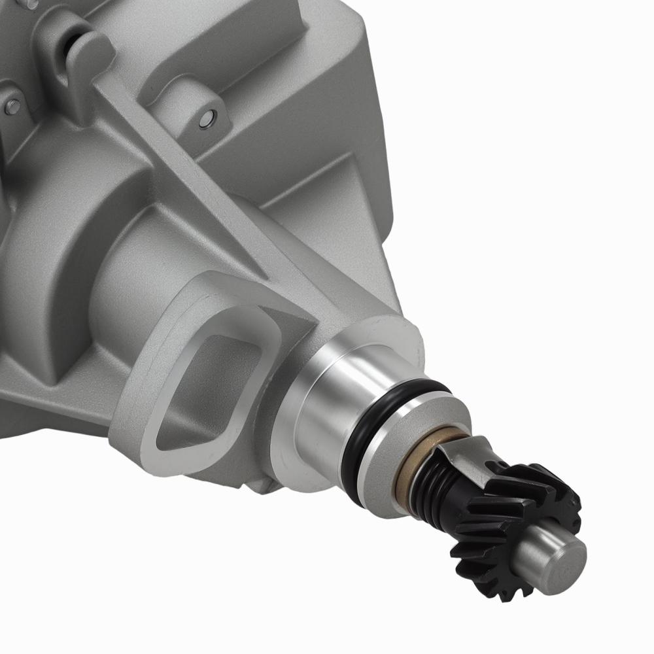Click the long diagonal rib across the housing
pyautogui.click(x=196, y=190)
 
